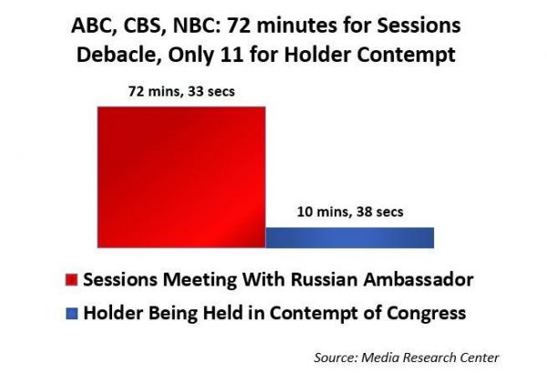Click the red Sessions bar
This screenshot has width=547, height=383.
point(181,177)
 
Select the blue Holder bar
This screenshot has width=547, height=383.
point(350,237)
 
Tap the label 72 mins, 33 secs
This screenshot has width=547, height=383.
point(181,91)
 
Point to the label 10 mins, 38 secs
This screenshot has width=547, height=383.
point(350,212)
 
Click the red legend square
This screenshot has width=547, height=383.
point(71,280)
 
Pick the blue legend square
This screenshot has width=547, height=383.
point(71,313)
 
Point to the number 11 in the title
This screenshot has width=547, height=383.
point(232,55)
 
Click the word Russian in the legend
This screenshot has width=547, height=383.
point(324,279)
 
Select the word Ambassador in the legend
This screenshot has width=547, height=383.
point(418,279)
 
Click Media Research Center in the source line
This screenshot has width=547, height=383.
point(430,357)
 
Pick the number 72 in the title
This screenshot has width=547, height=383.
point(238,26)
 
